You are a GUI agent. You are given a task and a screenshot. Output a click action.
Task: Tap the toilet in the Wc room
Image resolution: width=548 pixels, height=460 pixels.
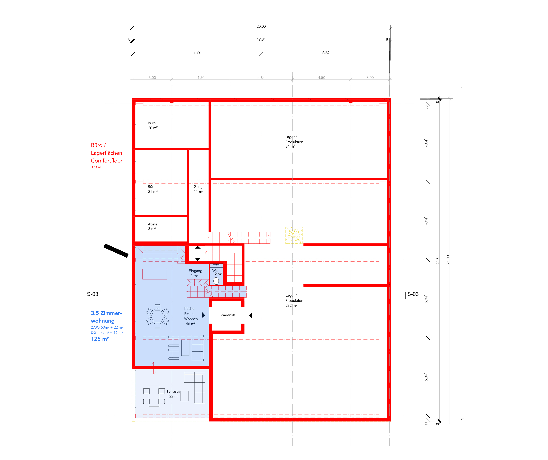click(216, 281)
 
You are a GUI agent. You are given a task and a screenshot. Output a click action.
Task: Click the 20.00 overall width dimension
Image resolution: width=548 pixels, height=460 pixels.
click(261, 26)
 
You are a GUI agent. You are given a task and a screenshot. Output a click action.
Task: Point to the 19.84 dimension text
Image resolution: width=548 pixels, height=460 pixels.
click(261, 39)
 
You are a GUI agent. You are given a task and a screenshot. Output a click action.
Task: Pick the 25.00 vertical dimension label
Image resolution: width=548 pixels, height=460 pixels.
click(448, 260)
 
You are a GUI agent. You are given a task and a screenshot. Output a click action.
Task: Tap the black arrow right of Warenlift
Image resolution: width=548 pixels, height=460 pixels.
click(251, 315)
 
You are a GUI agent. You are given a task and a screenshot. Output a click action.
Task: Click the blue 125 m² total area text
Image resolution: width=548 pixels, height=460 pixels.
click(100, 339)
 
